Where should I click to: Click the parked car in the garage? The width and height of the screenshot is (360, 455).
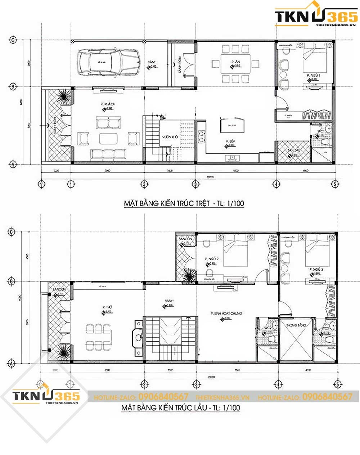(x=109, y=62)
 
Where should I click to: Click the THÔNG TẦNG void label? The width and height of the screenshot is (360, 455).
(x=296, y=325)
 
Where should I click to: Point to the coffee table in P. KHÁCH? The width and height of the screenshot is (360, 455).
(x=108, y=139)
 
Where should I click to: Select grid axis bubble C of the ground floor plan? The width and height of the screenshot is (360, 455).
(x=13, y=40)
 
